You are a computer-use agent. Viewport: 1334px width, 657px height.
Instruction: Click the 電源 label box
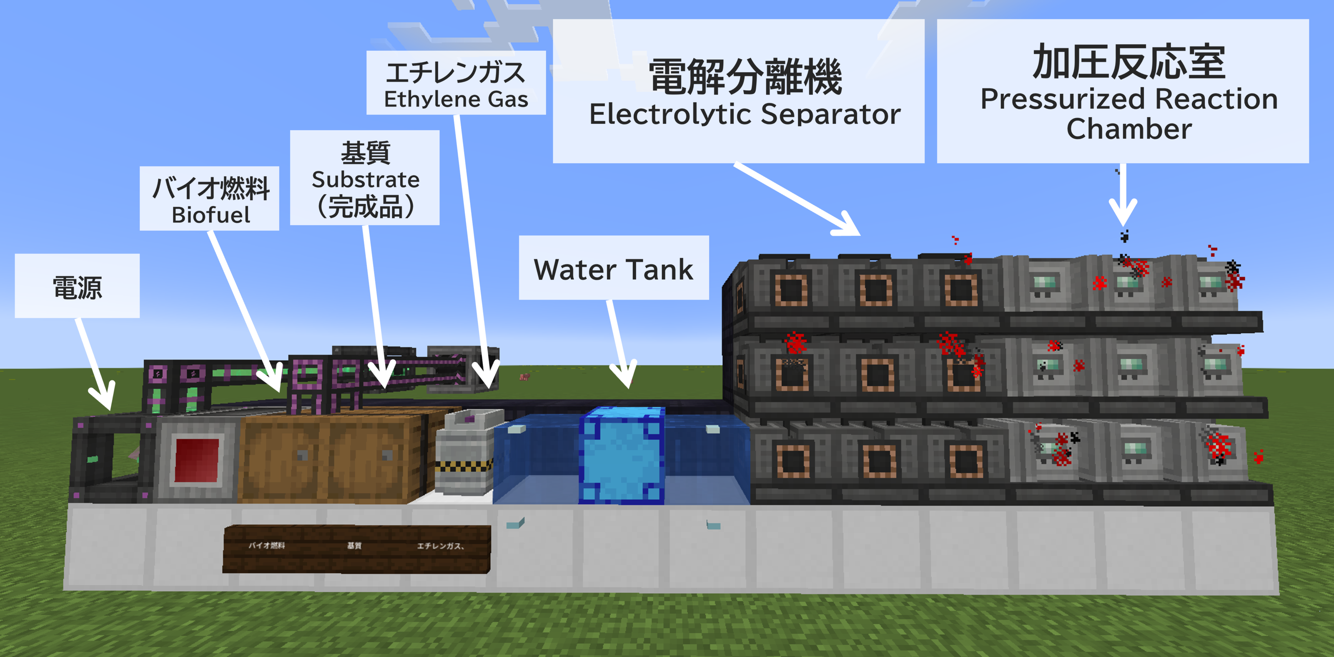click(77, 286)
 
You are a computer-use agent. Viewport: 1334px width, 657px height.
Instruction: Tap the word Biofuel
click(211, 215)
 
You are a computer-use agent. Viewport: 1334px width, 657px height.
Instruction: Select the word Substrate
click(366, 180)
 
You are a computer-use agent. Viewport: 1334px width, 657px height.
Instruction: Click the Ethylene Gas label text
click(456, 99)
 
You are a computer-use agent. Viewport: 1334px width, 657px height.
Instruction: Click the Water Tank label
click(614, 269)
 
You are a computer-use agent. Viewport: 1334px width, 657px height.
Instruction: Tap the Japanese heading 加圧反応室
click(1129, 62)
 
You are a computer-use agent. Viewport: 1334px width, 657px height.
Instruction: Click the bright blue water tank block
click(622, 456)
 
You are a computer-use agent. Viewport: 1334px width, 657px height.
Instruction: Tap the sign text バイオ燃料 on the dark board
click(267, 546)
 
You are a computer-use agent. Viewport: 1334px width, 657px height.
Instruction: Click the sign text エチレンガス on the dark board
click(440, 546)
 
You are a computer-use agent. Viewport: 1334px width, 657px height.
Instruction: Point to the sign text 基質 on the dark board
click(354, 546)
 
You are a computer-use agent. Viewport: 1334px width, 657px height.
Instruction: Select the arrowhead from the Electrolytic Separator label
click(849, 228)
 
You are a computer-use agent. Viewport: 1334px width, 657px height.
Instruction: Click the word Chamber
click(1129, 128)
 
